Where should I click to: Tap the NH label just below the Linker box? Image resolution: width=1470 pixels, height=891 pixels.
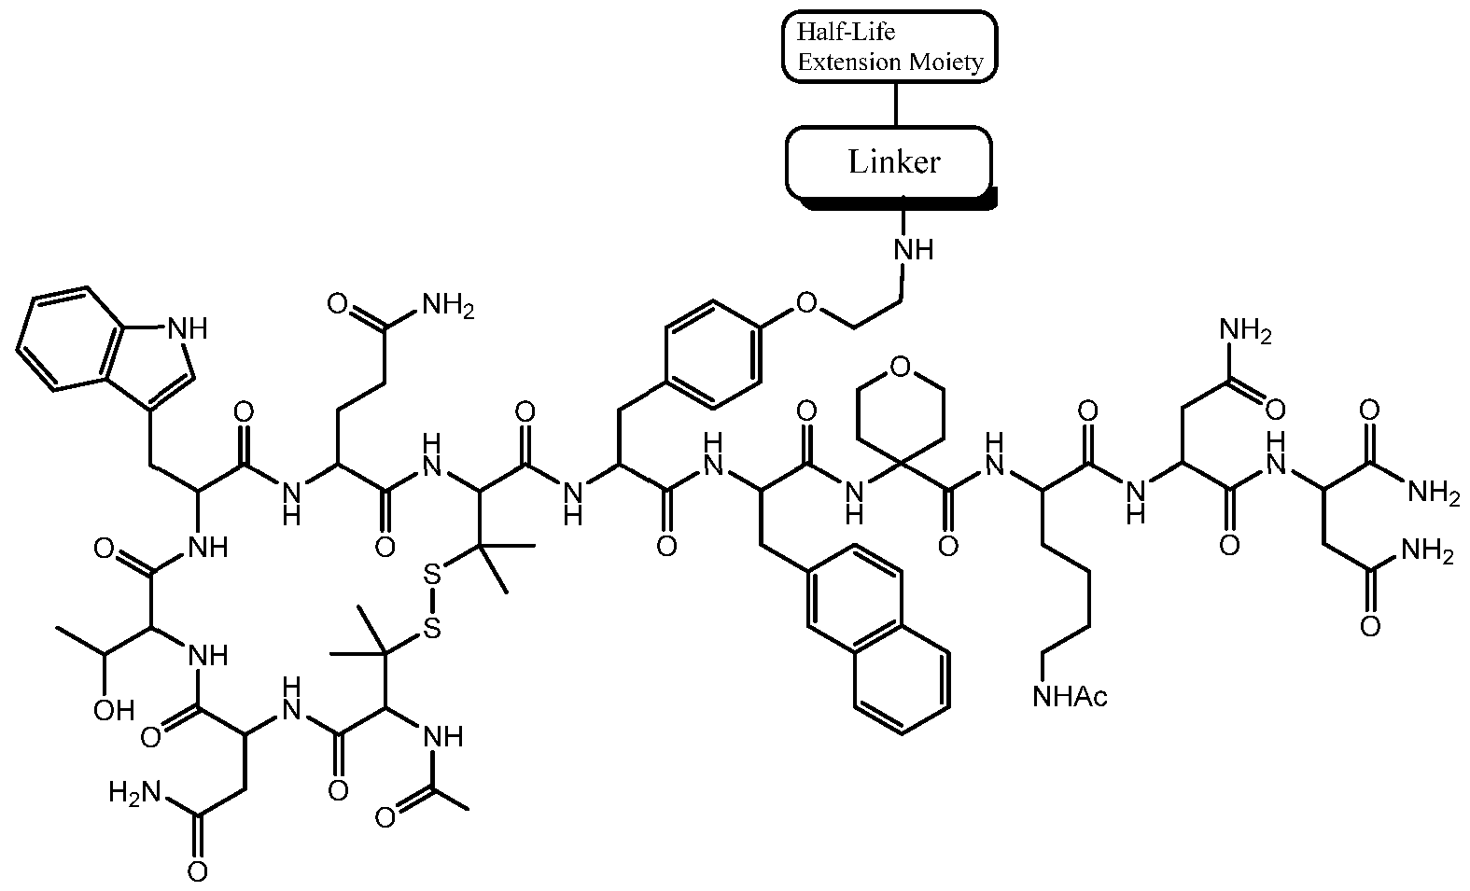914,249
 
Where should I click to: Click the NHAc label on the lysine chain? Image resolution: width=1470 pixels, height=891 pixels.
1070,696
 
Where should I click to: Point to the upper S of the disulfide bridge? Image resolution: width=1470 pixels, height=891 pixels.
431,576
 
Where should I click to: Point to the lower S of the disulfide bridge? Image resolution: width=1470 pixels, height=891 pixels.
431,629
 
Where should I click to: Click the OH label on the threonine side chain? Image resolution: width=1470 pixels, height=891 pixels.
114,710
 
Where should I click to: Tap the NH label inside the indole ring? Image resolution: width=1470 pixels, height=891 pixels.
188,328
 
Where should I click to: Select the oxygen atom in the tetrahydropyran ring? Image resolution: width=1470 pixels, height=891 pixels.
901,368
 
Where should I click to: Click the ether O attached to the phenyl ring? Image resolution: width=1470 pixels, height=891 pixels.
806,303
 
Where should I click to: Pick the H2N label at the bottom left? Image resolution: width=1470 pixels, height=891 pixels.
134,793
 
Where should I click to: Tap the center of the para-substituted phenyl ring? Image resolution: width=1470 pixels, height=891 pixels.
714,355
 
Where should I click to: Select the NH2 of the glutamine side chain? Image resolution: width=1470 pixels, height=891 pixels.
448,305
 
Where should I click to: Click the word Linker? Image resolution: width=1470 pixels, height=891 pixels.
894,161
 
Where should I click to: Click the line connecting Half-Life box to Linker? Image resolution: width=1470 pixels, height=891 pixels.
896,105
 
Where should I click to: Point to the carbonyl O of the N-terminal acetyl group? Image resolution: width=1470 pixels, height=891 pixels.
385,817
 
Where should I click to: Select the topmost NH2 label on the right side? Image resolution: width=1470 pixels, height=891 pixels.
1246,330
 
